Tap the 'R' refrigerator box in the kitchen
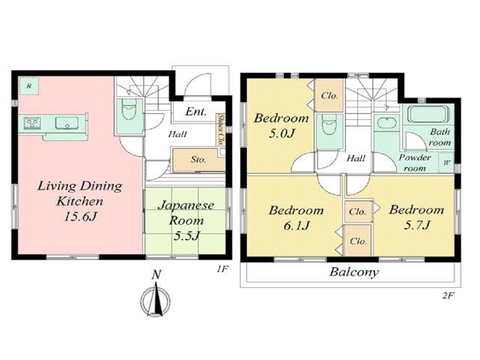tap(28, 85)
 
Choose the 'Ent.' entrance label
tap(196, 112)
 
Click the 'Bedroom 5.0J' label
tap(281, 126)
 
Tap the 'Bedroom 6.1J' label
tap(296, 218)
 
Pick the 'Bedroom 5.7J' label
tap(415, 218)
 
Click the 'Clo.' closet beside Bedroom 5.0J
tap(328, 96)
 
